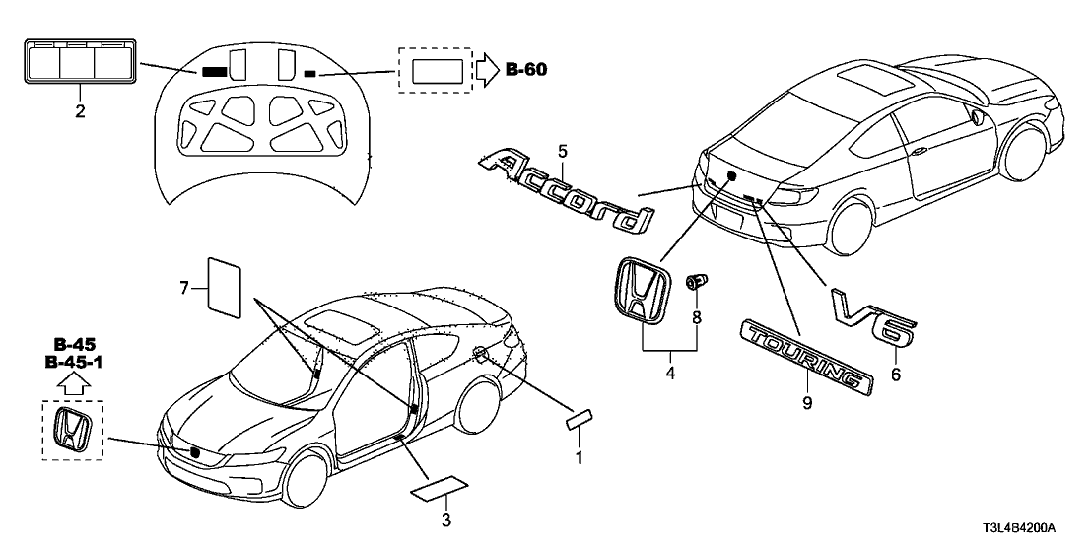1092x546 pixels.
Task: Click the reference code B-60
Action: (x=525, y=69)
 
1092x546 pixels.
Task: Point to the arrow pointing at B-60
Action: (x=488, y=69)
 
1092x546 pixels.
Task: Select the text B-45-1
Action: (x=74, y=364)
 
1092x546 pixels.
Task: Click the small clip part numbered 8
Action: (x=696, y=285)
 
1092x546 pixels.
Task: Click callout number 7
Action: (x=183, y=288)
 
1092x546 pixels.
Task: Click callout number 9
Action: (x=806, y=403)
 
